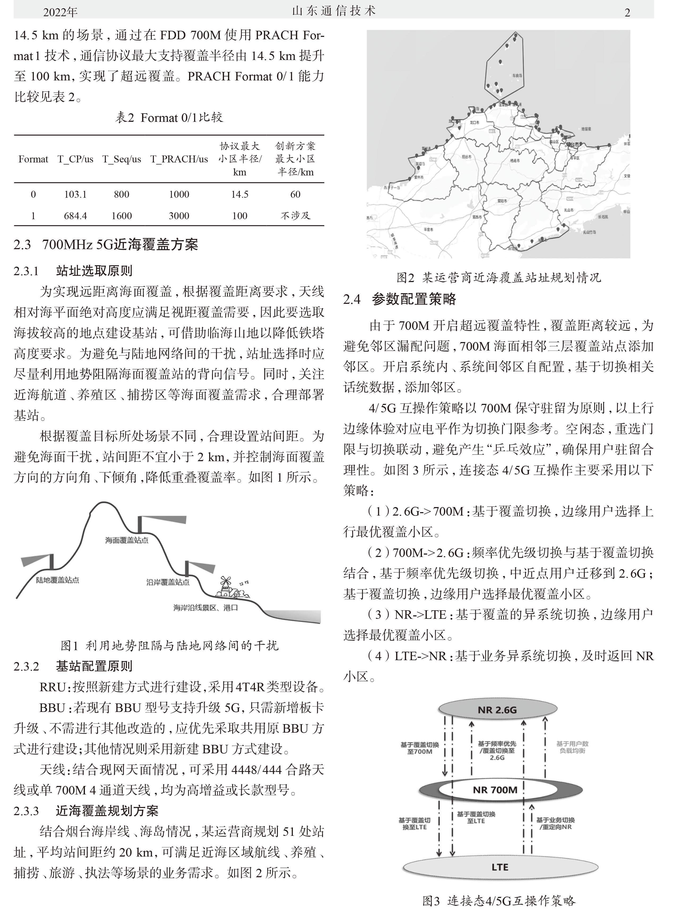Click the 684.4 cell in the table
click(75, 216)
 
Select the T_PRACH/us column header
click(179, 159)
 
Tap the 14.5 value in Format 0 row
click(239, 194)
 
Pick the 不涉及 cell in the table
click(295, 216)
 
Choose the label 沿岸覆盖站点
click(168, 582)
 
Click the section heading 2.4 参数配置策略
click(400, 300)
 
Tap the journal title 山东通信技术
click(334, 11)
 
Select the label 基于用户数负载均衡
click(572, 747)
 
